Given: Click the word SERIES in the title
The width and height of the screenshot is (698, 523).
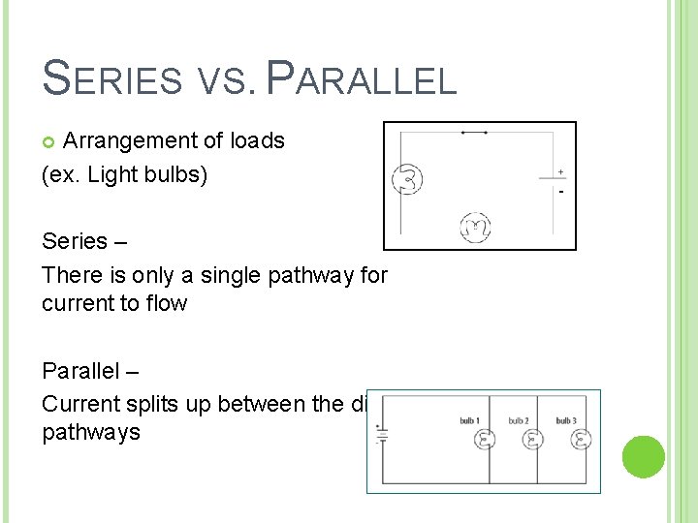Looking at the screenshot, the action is pos(112,78).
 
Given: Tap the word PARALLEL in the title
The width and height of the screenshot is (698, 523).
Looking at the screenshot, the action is pos(361,78).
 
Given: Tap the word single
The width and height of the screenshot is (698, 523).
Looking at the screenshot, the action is pos(236,275).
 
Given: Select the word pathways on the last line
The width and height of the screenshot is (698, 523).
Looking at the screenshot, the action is pos(90,432).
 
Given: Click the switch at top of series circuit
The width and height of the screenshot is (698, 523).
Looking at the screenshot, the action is pos(474,132).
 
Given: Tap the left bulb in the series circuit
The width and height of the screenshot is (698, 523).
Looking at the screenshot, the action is pos(407,179).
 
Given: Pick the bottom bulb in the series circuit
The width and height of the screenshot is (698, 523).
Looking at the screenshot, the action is pos(475,228).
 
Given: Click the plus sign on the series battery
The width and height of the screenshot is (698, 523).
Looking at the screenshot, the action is pos(560,172).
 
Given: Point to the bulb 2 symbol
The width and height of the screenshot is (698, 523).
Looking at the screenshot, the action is pos(532,440).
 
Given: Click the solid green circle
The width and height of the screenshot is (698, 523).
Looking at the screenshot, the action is pos(643,456).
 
